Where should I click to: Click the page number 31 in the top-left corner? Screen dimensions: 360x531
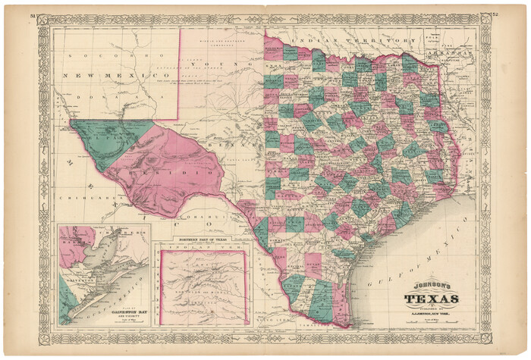pos(32,14)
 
